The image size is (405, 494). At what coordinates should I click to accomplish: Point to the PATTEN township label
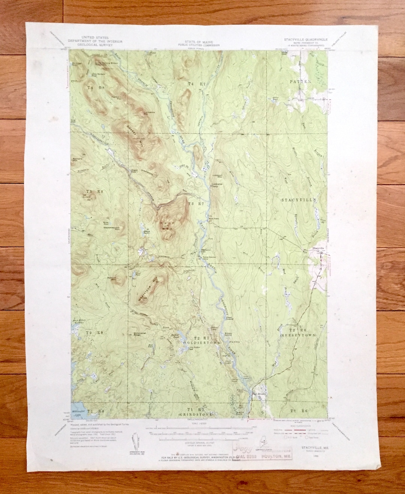pyautogui.click(x=300, y=81)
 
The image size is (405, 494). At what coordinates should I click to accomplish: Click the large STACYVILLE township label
pyautogui.click(x=299, y=200)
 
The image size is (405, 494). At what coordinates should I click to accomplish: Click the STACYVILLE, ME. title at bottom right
pyautogui.click(x=310, y=447)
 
